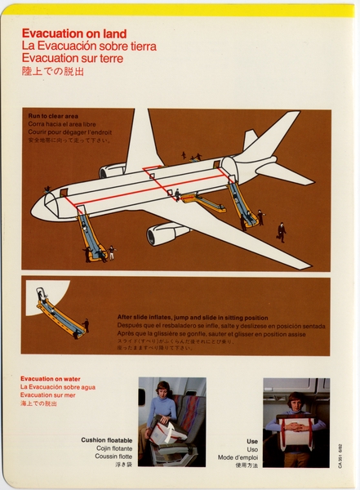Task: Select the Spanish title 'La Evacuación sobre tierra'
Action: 89,46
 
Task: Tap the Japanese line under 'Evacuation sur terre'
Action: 53,71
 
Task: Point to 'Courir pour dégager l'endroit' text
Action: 69,131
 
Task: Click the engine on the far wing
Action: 111,170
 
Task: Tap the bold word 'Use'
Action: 252,440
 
